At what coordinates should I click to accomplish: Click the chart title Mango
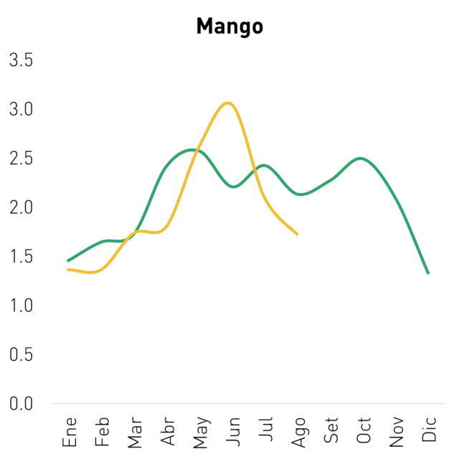pyautogui.click(x=229, y=27)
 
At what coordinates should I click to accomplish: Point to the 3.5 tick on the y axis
pyautogui.click(x=21, y=60)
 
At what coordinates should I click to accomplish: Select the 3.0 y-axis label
pyautogui.click(x=21, y=109)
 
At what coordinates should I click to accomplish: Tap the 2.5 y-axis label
pyautogui.click(x=21, y=158)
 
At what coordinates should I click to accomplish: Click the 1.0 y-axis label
pyautogui.click(x=21, y=306)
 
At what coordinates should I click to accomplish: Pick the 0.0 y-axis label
pyautogui.click(x=21, y=404)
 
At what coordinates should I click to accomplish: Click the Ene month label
pyautogui.click(x=70, y=432)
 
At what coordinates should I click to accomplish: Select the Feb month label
pyautogui.click(x=102, y=432)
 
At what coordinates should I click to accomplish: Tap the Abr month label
pyautogui.click(x=167, y=431)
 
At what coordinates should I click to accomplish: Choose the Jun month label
pyautogui.click(x=233, y=432)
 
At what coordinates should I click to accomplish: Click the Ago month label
pyautogui.click(x=298, y=432)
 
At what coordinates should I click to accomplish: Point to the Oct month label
pyautogui.click(x=364, y=430)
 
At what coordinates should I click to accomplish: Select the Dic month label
pyautogui.click(x=429, y=429)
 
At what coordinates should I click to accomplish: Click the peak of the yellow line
pyautogui.click(x=228, y=103)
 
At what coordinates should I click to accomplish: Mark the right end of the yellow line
pyautogui.click(x=297, y=235)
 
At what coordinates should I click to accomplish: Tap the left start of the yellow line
pyautogui.click(x=68, y=270)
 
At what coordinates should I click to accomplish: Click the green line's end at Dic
pyautogui.click(x=428, y=273)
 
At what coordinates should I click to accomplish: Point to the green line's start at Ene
pyautogui.click(x=68, y=260)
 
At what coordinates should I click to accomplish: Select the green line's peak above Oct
pyautogui.click(x=360, y=158)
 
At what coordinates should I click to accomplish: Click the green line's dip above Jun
pyautogui.click(x=234, y=186)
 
